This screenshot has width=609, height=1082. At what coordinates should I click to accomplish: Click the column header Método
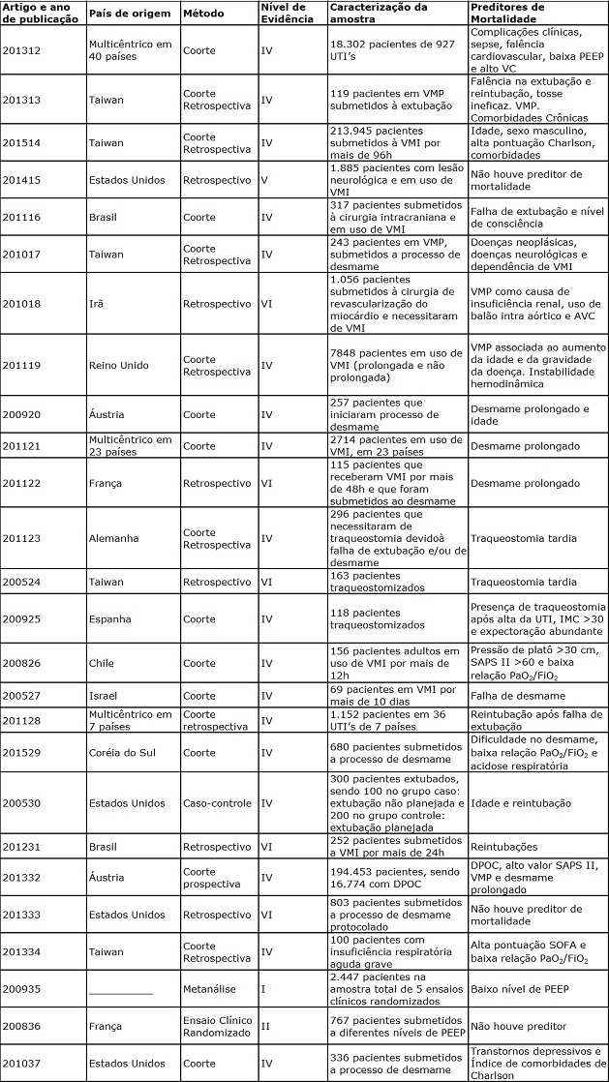point(203,14)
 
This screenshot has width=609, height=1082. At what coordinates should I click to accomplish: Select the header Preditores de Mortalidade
point(507,14)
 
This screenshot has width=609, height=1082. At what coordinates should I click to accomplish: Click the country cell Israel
point(103,695)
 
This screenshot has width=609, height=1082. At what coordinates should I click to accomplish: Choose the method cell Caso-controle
point(218,803)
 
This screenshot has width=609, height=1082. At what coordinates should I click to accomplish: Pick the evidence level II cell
point(266,1026)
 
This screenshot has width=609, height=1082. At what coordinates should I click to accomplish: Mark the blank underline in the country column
point(120,992)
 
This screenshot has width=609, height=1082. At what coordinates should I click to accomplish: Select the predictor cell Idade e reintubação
point(520,803)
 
